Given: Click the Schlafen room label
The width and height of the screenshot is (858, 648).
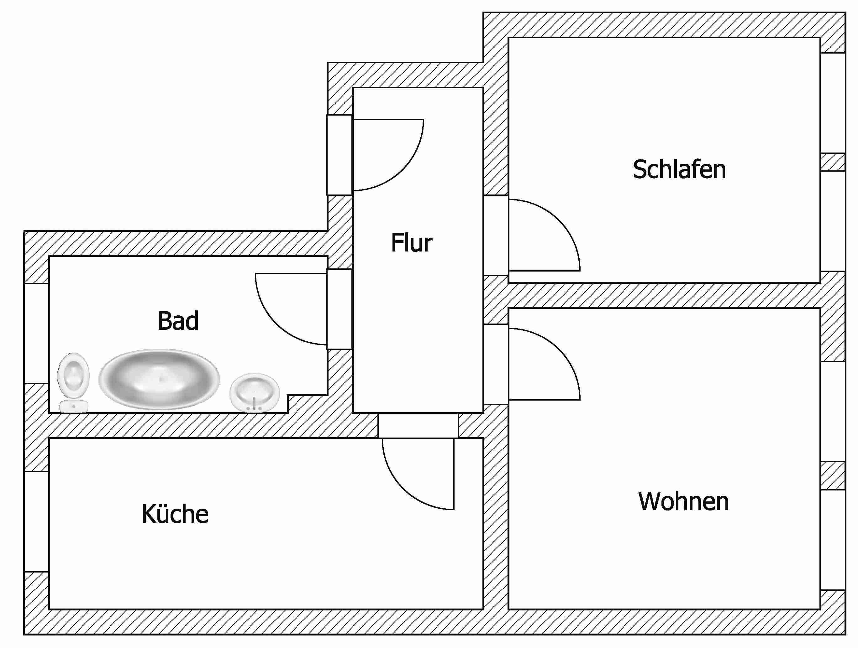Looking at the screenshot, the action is [x=679, y=169].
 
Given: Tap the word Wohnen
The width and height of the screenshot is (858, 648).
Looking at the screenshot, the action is [x=683, y=501].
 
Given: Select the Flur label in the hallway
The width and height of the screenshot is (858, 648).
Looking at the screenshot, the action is [x=412, y=243].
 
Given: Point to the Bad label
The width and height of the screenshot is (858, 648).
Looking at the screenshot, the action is [x=178, y=321].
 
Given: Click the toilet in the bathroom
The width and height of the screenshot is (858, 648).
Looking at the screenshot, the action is [x=74, y=382].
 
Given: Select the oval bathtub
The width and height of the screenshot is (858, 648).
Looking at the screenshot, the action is [x=160, y=379].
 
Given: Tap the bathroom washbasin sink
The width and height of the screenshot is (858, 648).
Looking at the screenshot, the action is [x=255, y=393].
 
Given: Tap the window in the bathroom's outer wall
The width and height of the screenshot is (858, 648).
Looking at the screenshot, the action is [x=36, y=333].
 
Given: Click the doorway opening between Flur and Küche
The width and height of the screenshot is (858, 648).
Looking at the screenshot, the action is [x=418, y=426].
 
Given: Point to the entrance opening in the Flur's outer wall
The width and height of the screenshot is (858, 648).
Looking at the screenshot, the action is [x=340, y=155].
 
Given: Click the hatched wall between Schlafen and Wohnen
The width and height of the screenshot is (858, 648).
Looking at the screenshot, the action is [x=664, y=295].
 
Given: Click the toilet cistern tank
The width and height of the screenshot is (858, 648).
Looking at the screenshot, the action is [x=74, y=407].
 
